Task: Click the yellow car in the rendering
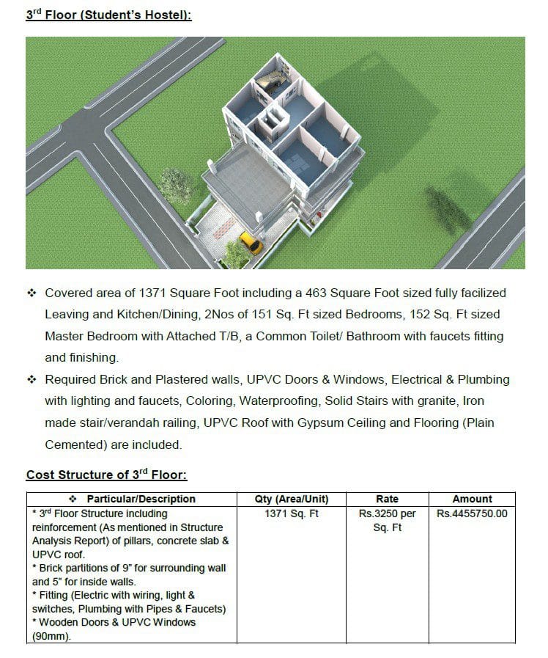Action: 251,243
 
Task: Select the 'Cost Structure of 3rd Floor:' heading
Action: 107,475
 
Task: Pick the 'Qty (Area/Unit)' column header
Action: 292,499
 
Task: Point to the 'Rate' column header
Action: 387,499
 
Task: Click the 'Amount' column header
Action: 472,499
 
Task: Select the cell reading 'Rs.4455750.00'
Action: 472,513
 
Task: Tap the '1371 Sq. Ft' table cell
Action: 292,513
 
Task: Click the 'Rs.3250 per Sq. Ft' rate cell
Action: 387,520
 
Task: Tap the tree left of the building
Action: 176,186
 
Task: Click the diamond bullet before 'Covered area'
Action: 32,293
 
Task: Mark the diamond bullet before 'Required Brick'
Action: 32,380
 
